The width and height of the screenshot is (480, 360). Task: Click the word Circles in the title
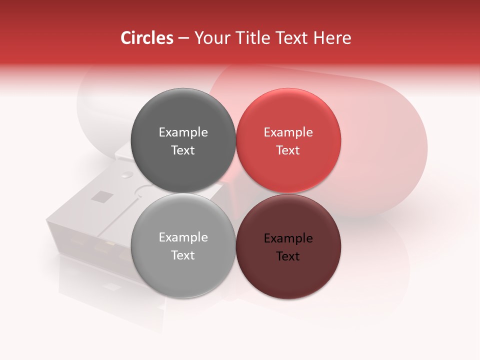click(146, 38)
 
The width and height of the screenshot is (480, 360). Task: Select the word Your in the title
click(212, 38)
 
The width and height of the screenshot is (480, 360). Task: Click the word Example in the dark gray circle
click(183, 132)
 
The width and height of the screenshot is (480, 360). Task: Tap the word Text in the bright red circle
click(288, 150)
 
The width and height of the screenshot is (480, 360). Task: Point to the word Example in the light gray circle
click(183, 237)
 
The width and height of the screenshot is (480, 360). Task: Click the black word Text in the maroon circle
click(288, 256)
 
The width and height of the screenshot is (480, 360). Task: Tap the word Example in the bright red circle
click(288, 132)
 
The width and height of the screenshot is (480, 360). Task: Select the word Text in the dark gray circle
click(183, 150)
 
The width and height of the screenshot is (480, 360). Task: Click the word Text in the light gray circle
click(183, 255)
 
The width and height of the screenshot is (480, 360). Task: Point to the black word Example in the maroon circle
click(288, 238)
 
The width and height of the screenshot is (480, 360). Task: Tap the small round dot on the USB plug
click(127, 174)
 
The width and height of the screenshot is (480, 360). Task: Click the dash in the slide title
click(183, 38)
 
